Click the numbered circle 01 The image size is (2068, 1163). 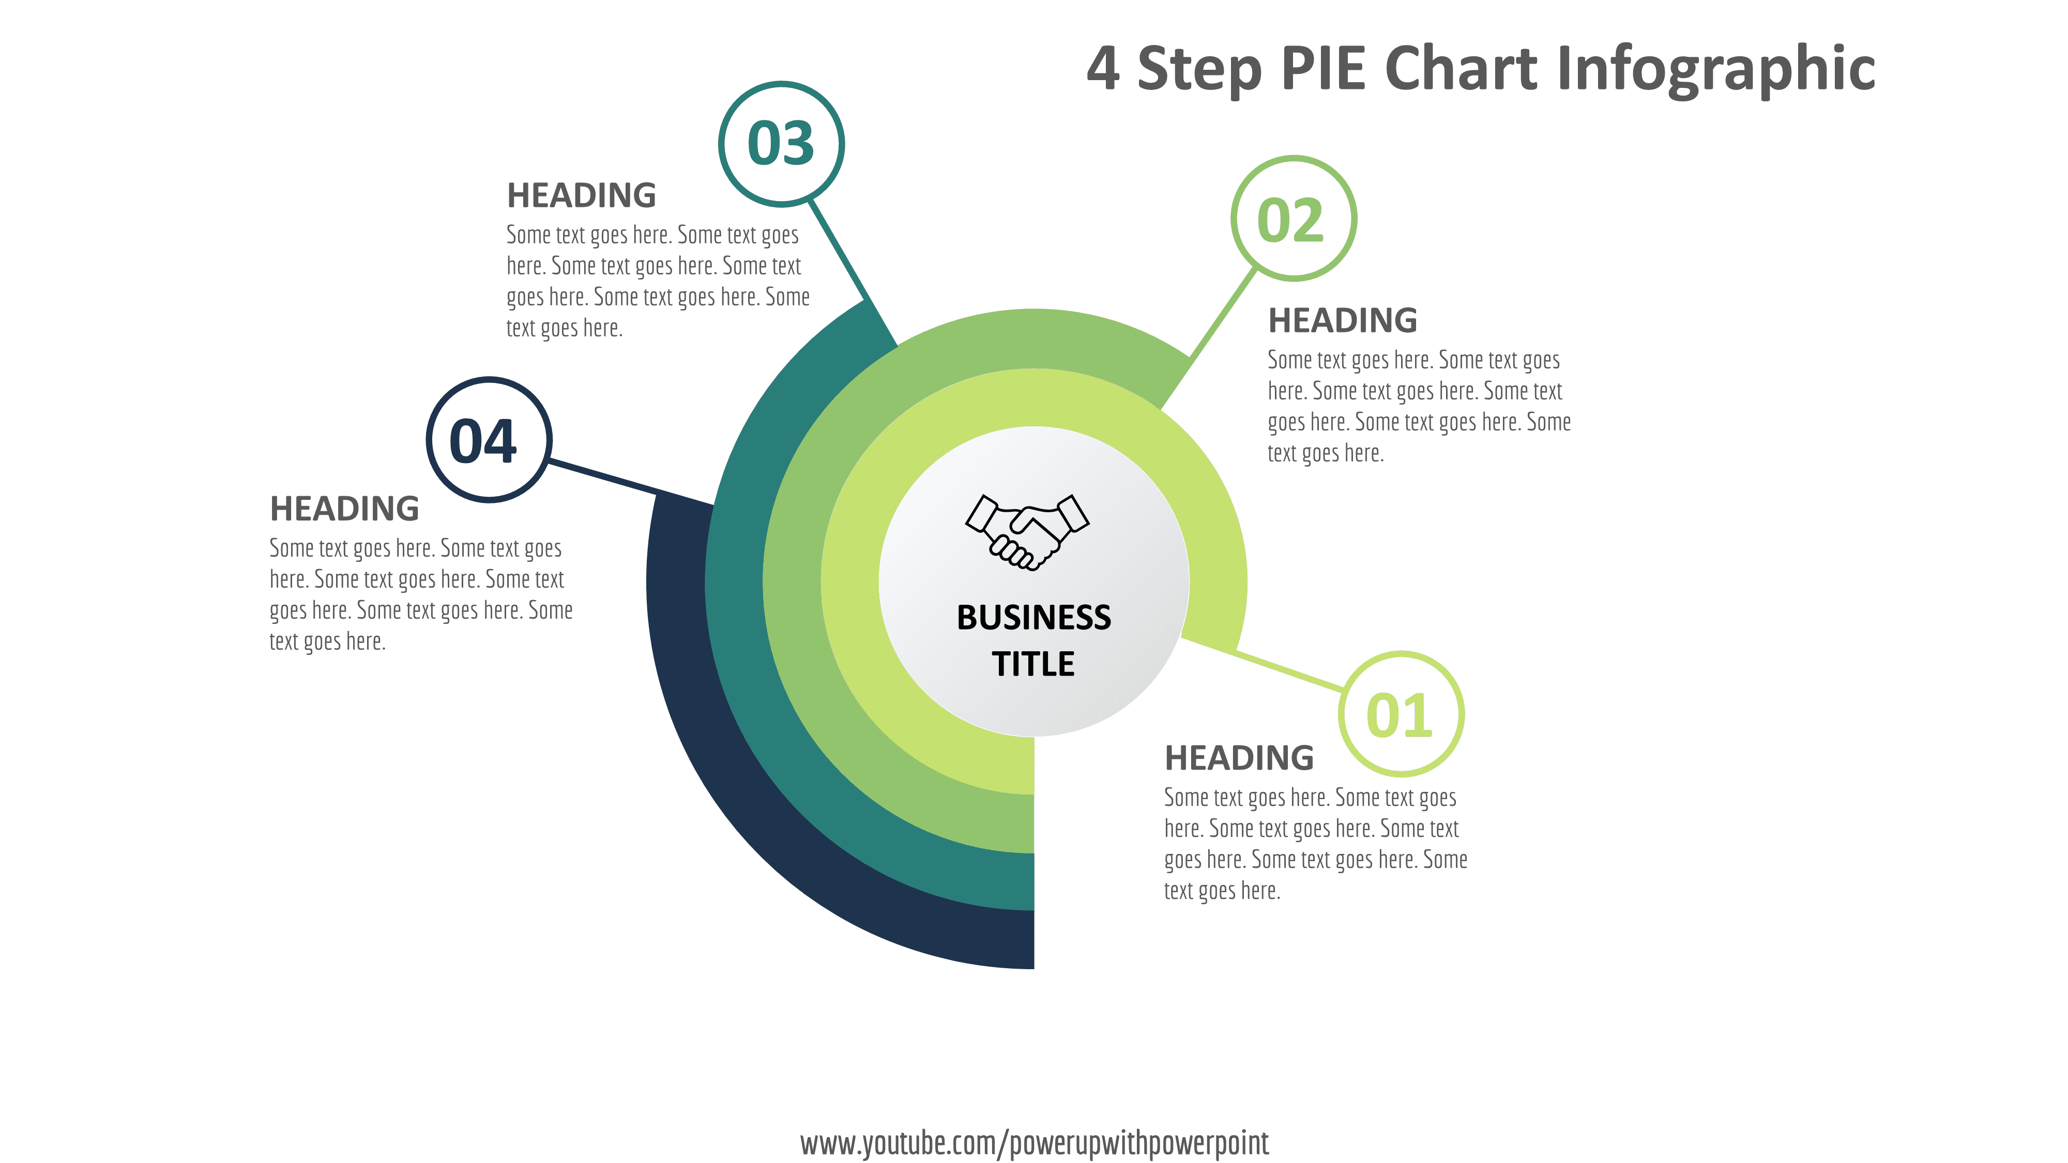[1400, 714]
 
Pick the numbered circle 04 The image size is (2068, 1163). [488, 440]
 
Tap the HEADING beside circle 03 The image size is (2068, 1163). [581, 195]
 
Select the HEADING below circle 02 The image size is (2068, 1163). [1342, 320]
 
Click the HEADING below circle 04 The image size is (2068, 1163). [344, 508]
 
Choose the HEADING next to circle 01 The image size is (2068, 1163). [1239, 758]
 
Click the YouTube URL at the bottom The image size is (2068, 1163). [1034, 1142]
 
